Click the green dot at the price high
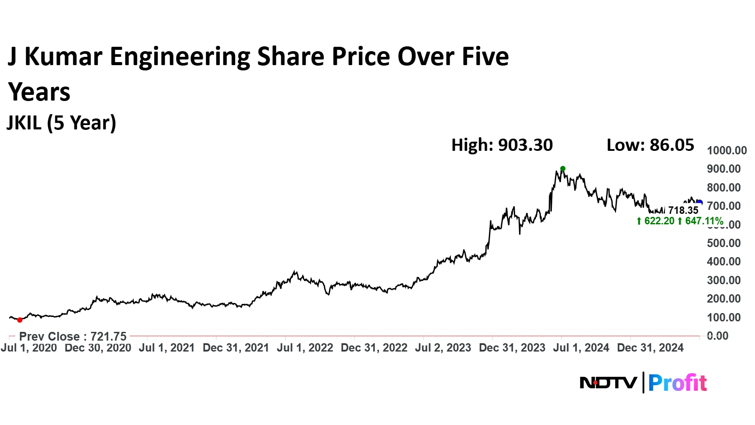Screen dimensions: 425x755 (x=563, y=169)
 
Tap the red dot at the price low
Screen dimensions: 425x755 (x=20, y=320)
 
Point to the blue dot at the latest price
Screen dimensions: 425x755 (x=700, y=202)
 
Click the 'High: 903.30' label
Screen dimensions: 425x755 (x=502, y=145)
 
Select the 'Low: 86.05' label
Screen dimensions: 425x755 (x=650, y=145)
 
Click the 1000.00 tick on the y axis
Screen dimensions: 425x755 (x=727, y=150)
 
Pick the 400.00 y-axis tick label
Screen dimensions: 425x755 (x=724, y=261)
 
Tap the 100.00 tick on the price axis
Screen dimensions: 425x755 (x=724, y=317)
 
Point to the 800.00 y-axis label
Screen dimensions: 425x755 (x=724, y=188)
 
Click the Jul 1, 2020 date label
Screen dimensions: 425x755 (x=29, y=348)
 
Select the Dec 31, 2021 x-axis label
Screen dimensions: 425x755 (x=236, y=348)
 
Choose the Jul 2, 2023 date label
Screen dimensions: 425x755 (x=443, y=348)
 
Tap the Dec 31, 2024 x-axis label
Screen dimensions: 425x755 (x=650, y=348)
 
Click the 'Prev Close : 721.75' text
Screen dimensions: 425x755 (x=73, y=337)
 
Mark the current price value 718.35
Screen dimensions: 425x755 (x=683, y=210)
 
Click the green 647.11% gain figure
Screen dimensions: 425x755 (x=703, y=221)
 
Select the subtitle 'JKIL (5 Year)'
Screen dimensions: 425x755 (x=62, y=123)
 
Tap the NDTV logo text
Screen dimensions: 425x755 (x=608, y=383)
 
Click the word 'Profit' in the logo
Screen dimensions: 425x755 (x=677, y=383)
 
